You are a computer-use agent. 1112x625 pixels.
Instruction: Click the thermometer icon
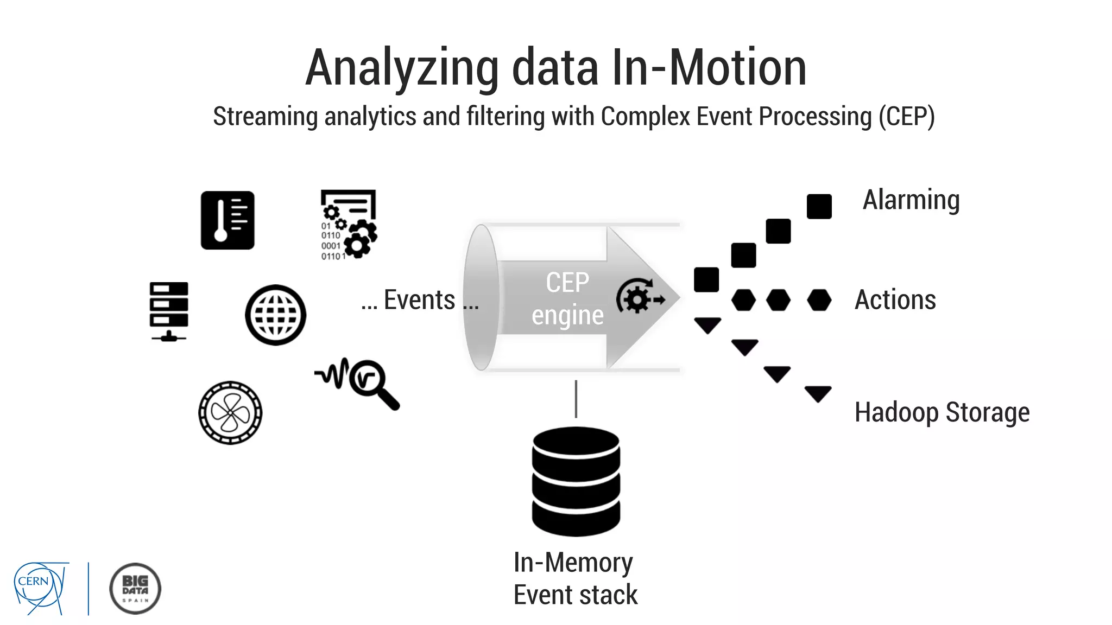(x=228, y=220)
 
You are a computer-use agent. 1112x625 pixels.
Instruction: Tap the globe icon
(x=275, y=315)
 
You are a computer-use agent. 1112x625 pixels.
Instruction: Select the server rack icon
(x=169, y=311)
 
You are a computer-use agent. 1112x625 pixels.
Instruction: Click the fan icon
(x=230, y=413)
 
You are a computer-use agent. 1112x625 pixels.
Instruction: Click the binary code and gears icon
(x=348, y=225)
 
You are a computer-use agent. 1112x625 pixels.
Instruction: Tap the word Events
(x=419, y=300)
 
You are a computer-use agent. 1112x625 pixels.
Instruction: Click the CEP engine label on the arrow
(x=567, y=299)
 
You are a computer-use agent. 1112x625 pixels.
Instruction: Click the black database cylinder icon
(x=576, y=481)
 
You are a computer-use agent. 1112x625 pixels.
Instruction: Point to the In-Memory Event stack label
(x=575, y=578)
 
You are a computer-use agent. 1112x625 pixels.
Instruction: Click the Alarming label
(x=911, y=200)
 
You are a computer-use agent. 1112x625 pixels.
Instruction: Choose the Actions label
(x=895, y=299)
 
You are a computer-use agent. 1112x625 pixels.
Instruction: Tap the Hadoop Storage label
(x=942, y=412)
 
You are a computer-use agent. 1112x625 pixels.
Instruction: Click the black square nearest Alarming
(x=819, y=207)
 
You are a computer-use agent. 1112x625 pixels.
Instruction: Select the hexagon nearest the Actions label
(x=819, y=300)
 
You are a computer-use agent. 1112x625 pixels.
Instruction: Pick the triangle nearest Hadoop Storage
(x=818, y=393)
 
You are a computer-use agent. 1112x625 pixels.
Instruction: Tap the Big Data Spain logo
(x=135, y=589)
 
